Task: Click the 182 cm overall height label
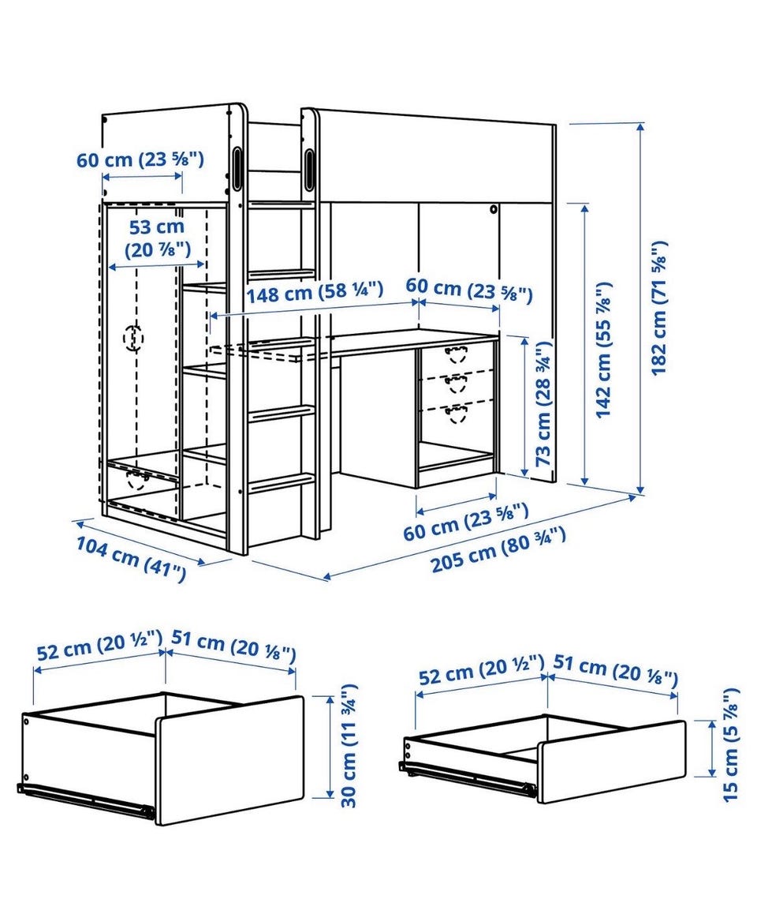[659, 308]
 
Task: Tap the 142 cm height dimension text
[604, 349]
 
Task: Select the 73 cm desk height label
[543, 403]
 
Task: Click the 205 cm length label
[498, 549]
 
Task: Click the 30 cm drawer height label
[348, 746]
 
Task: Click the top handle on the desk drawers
[456, 353]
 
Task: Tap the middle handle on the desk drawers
[456, 382]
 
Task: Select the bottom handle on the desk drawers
[456, 413]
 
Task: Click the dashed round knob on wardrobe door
[134, 338]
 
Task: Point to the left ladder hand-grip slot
[237, 168]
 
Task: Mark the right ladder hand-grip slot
[308, 170]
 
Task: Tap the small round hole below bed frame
[494, 208]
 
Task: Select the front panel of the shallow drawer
[611, 762]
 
